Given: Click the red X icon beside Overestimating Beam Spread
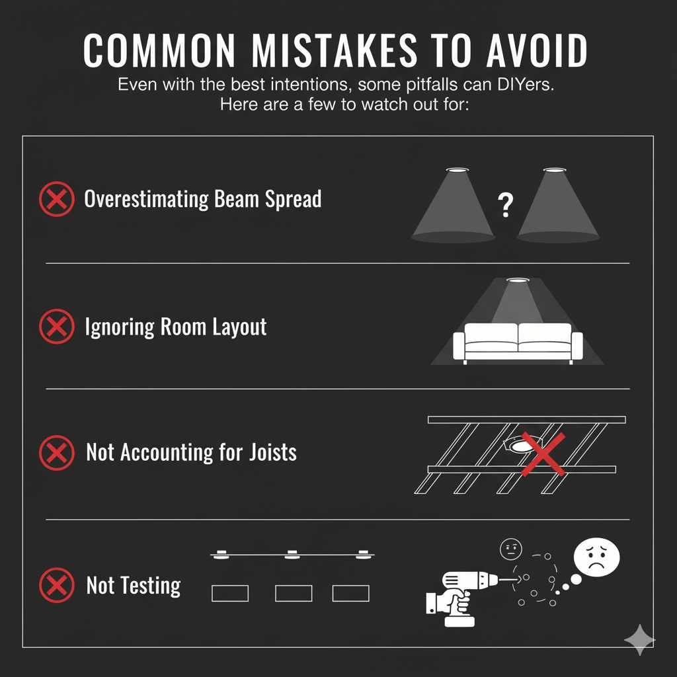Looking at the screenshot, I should pos(57,198).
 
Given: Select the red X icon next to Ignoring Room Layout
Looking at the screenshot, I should pos(57,327).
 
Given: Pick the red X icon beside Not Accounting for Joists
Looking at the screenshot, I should pos(57,453).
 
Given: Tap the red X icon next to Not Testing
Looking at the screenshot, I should pos(57,585).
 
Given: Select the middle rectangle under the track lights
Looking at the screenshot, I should pos(293,593).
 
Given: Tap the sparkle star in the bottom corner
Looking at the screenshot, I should pos(639,639).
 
